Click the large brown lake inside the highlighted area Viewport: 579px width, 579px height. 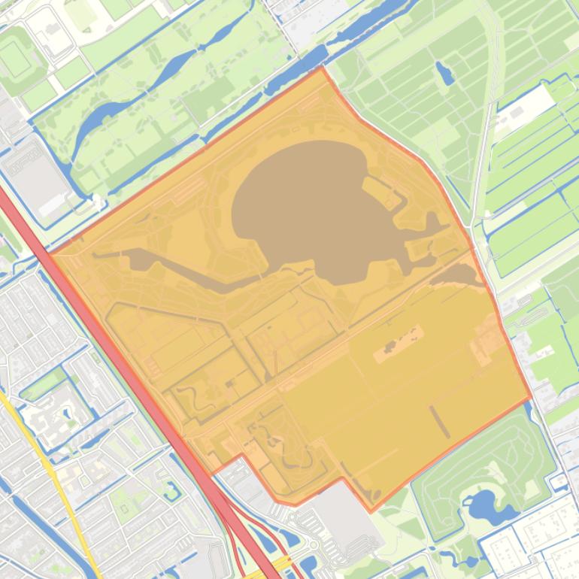[x=308, y=203]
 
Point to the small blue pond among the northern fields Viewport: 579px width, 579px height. [x=444, y=73]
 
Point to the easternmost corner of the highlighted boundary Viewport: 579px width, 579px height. [x=531, y=396]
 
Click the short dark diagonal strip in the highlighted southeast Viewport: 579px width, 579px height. [x=440, y=421]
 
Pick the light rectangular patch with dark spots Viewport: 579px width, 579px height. [x=396, y=343]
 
